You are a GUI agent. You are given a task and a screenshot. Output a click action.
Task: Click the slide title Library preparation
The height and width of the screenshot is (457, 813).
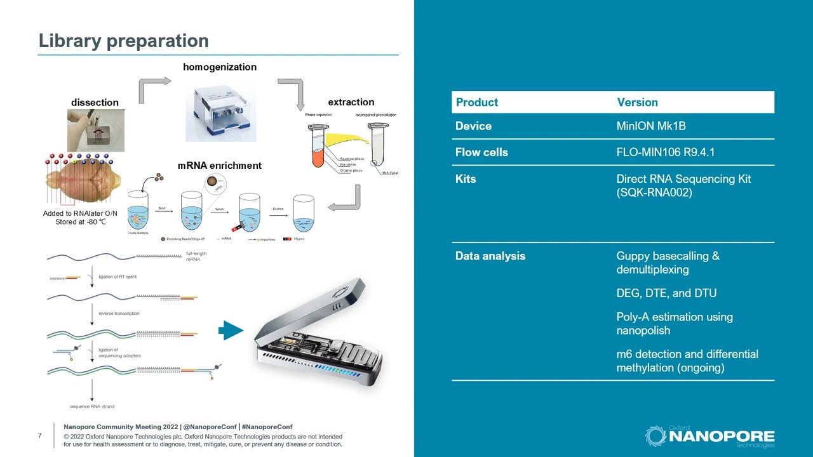pyautogui.click(x=123, y=41)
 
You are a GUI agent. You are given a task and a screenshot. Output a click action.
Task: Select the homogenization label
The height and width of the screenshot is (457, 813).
pyautogui.click(x=220, y=67)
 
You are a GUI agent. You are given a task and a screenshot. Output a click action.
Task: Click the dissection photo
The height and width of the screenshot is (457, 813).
pyautogui.click(x=96, y=130)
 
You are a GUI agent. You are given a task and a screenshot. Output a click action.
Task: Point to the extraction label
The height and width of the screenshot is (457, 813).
pyautogui.click(x=351, y=102)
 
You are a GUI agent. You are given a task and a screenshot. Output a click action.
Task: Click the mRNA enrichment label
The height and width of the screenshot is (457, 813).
pyautogui.click(x=219, y=165)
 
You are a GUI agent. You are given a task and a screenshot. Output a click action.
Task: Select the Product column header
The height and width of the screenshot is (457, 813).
pyautogui.click(x=476, y=102)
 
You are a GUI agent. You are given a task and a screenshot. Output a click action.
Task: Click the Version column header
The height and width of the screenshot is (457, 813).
pyautogui.click(x=637, y=102)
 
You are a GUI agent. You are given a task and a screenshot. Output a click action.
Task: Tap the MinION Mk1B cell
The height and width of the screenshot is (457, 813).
pyautogui.click(x=650, y=126)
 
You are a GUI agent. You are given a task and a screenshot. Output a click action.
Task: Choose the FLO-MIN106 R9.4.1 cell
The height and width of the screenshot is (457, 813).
pyautogui.click(x=665, y=152)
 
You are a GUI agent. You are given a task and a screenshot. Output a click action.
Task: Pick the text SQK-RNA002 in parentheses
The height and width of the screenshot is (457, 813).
pyautogui.click(x=654, y=192)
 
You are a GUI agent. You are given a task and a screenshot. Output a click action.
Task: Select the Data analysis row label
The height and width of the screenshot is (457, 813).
pyautogui.click(x=490, y=256)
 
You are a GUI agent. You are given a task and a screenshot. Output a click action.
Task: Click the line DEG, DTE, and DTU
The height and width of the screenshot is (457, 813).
pyautogui.click(x=666, y=293)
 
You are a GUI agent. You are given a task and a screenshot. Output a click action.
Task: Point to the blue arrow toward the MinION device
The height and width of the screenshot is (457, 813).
pyautogui.click(x=231, y=330)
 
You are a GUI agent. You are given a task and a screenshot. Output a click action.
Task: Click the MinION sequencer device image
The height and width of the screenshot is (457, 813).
pyautogui.click(x=318, y=333)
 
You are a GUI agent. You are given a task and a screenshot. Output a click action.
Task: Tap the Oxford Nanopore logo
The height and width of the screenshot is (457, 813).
pyautogui.click(x=709, y=436)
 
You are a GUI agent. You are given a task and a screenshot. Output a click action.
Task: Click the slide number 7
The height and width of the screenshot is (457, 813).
pyautogui.click(x=40, y=435)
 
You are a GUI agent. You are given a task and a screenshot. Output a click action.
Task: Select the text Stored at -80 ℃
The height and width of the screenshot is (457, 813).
pyautogui.click(x=80, y=222)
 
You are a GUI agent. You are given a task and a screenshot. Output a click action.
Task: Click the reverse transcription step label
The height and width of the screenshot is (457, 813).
pyautogui.click(x=119, y=314)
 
